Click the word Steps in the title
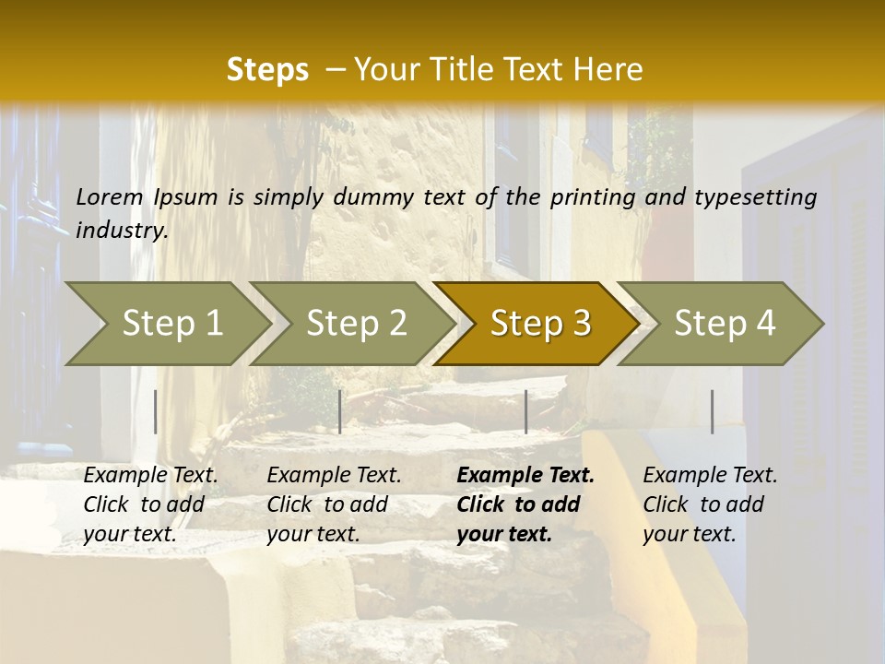pyautogui.click(x=267, y=70)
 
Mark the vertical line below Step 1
pyautogui.click(x=156, y=411)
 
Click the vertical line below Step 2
pyautogui.click(x=340, y=411)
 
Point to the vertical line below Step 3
pyautogui.click(x=525, y=411)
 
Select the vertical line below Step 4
pyautogui.click(x=713, y=411)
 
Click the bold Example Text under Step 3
pyautogui.click(x=525, y=475)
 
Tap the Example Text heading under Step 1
pyautogui.click(x=150, y=475)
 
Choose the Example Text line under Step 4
pyautogui.click(x=710, y=475)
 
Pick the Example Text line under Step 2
pyautogui.click(x=334, y=475)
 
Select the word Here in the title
pyautogui.click(x=608, y=70)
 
